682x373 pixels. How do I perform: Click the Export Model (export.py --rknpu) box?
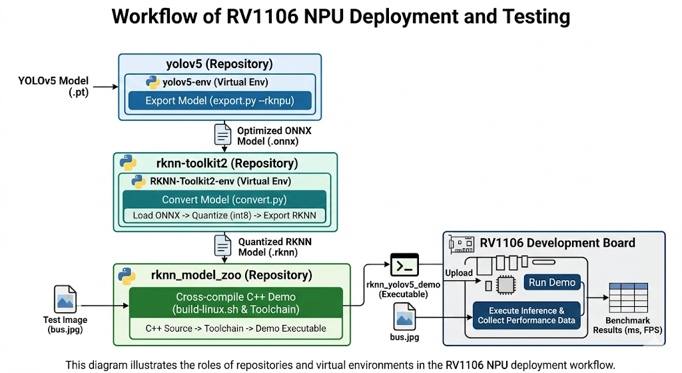click(219, 101)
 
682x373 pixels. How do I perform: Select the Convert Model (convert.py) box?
click(224, 200)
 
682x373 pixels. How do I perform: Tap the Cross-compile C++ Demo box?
click(235, 304)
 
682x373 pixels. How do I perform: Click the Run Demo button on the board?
click(552, 282)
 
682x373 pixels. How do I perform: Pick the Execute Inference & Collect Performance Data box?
click(526, 316)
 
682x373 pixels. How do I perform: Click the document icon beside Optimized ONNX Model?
click(222, 135)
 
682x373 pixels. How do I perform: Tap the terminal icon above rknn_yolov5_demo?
click(404, 266)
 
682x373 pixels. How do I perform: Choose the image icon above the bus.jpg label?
click(405, 316)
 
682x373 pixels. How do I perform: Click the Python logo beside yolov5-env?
click(153, 83)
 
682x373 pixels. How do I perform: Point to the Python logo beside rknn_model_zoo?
click(127, 275)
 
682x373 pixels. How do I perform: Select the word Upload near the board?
click(459, 273)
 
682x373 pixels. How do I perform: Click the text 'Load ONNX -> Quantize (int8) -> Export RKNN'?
click(224, 216)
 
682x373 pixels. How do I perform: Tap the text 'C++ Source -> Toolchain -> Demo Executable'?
click(236, 328)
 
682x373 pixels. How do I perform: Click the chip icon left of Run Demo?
click(506, 285)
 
